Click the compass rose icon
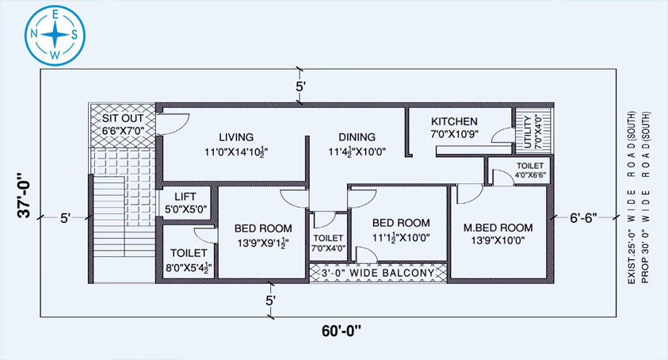55,35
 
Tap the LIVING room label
236,137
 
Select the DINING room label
357,137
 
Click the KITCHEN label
454,121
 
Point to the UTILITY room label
529,132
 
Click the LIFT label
185,197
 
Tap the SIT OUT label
123,118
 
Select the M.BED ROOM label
498,228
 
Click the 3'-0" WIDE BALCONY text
378,273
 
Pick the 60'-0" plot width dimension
342,331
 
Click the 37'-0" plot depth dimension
25,195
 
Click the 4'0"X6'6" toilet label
530,174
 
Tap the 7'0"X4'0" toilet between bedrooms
329,248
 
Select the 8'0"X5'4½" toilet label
189,268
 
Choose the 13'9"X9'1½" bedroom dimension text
263,243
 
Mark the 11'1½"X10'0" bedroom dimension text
401,238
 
